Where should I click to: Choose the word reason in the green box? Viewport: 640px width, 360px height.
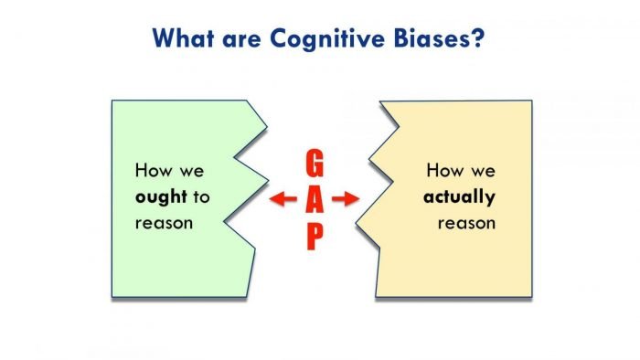coord(164,223)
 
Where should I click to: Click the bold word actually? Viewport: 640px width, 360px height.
coord(460,196)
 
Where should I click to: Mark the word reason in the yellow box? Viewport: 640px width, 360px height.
coord(466,223)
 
